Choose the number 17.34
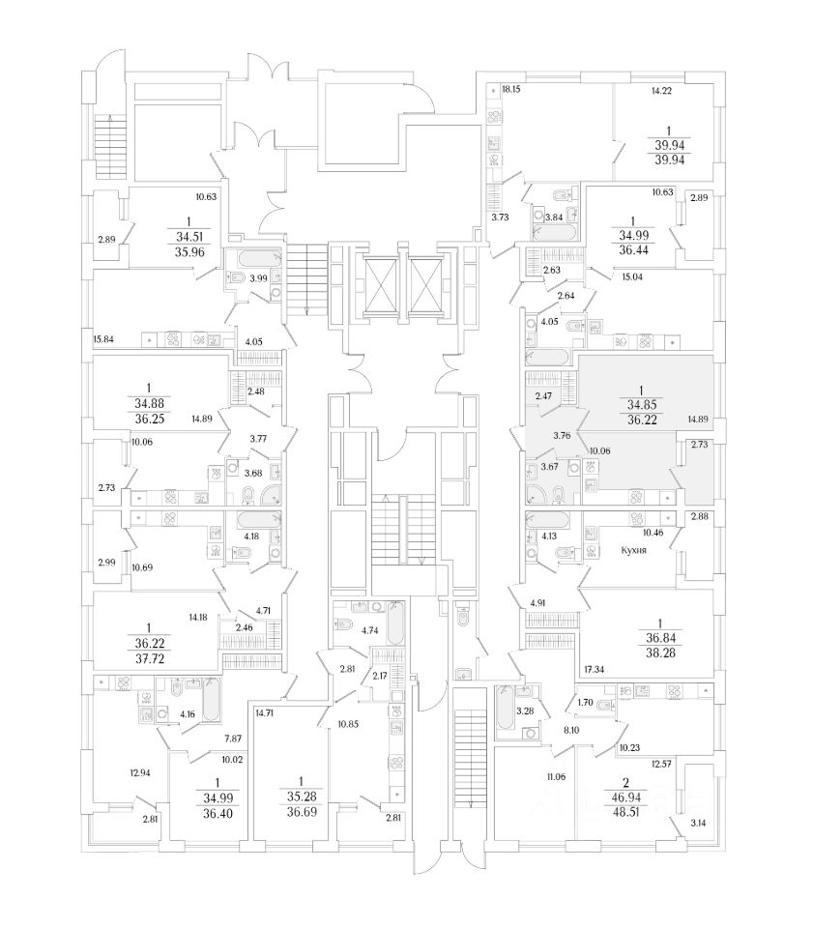pyautogui.click(x=595, y=668)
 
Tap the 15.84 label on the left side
pyautogui.click(x=104, y=339)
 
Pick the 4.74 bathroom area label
pyautogui.click(x=368, y=629)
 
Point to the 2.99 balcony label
pyautogui.click(x=106, y=562)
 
